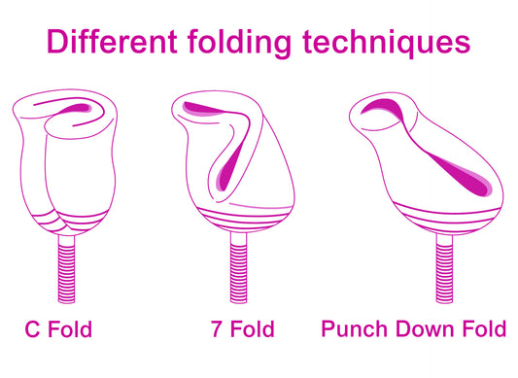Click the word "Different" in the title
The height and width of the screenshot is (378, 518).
(112, 42)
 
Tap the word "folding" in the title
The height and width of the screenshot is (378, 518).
(239, 44)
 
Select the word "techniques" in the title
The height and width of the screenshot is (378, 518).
(387, 44)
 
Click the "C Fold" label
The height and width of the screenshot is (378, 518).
(58, 328)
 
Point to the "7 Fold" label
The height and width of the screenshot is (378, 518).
(243, 328)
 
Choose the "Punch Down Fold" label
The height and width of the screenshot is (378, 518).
(414, 328)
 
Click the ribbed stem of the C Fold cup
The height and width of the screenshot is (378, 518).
(66, 268)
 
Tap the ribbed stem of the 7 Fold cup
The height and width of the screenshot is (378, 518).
(238, 267)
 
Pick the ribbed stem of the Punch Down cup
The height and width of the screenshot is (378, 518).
(444, 268)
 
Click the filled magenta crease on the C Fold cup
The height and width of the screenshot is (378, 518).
(79, 108)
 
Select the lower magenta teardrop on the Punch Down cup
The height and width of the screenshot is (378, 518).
(463, 175)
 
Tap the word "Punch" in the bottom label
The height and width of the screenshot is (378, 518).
(354, 328)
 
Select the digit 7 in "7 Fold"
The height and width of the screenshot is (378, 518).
(217, 328)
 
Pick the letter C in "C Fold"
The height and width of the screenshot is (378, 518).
(32, 328)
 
